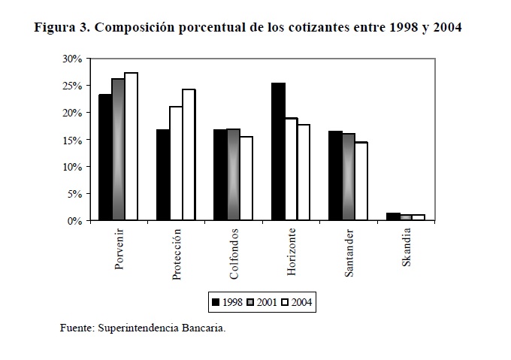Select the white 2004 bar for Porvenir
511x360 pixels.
132,147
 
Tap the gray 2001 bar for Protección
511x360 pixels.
175,164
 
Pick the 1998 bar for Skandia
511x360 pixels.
392,216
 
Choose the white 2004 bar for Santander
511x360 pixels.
361,181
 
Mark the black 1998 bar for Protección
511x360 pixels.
162,175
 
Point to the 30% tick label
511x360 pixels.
72,59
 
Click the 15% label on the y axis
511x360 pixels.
72,140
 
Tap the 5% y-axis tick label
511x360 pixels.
74,194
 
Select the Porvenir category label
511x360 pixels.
119,250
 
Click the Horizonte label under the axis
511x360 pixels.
291,252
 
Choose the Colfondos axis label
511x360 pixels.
234,253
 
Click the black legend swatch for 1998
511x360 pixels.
216,303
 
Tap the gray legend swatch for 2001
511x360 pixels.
249,303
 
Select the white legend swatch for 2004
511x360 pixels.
285,303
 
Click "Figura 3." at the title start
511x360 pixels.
62,29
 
